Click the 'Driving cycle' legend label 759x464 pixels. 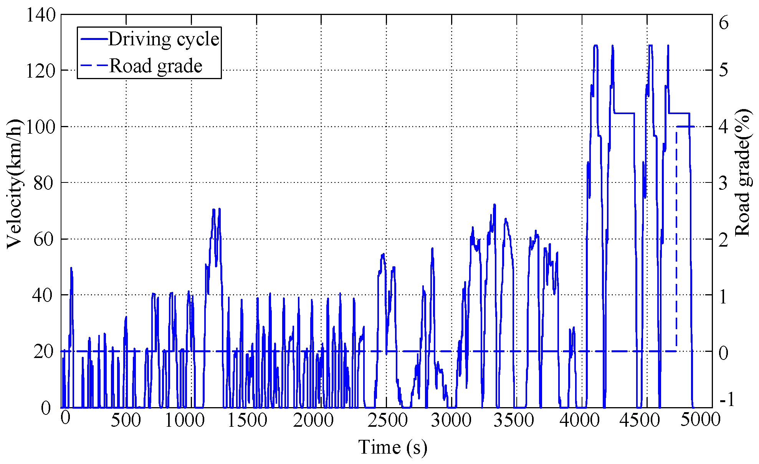click(164, 39)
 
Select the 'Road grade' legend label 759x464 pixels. click(156, 66)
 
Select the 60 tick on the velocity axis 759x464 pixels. click(42, 239)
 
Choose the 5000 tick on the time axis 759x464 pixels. click(701, 419)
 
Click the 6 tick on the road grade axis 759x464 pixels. click(724, 23)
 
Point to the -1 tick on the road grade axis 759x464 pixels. click(727, 399)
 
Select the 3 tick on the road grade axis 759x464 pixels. click(724, 183)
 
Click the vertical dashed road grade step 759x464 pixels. click(676, 238)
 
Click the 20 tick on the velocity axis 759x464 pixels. click(42, 351)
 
